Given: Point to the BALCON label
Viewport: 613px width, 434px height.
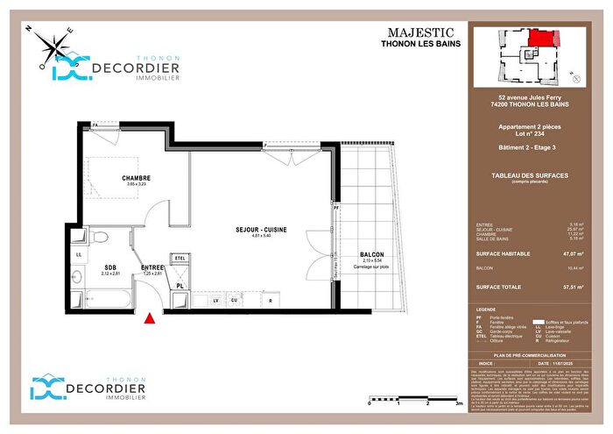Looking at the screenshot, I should tap(371, 254).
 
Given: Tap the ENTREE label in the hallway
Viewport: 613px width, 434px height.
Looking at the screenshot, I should tap(153, 268).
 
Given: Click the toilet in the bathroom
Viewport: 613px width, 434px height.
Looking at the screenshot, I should tap(101, 238).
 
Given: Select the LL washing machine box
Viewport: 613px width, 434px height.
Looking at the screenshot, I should tap(78, 255).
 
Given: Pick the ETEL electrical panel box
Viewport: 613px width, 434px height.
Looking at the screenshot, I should tap(180, 258).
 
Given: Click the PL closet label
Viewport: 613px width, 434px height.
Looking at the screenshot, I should tap(179, 286).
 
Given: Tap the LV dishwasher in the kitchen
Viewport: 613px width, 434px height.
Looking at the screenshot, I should tap(215, 301).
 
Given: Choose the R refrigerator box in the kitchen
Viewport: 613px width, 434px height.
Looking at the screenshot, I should tap(271, 301).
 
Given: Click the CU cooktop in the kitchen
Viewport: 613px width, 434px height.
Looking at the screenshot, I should tap(234, 301).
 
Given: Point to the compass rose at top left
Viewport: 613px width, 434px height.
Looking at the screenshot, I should tap(52, 46).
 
